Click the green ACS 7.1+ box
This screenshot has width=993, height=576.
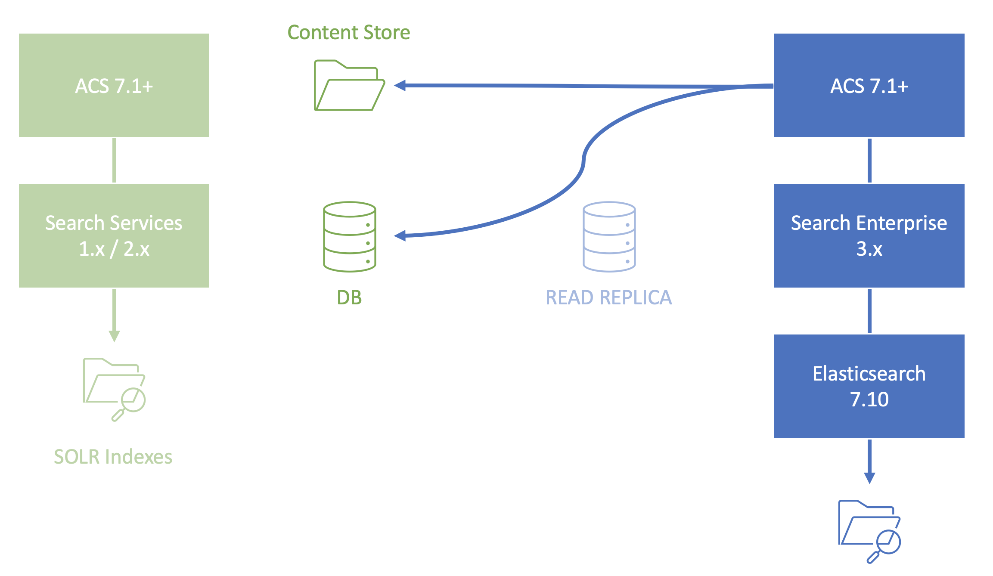(114, 85)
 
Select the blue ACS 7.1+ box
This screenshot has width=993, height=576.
(869, 85)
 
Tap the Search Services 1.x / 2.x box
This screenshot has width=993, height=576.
(114, 236)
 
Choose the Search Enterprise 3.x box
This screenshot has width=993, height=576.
(869, 236)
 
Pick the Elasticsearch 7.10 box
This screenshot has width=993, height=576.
(869, 386)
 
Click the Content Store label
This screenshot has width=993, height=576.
(349, 33)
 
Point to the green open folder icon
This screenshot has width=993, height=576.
(349, 86)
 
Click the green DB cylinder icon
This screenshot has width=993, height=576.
(349, 237)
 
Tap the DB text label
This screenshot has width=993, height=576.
(349, 297)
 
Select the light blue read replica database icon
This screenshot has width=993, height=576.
(609, 237)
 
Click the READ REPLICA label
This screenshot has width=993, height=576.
(608, 297)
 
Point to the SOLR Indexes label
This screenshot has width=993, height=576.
(113, 457)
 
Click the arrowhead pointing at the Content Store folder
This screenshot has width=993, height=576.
(400, 86)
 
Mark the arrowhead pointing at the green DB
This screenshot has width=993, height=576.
(400, 235)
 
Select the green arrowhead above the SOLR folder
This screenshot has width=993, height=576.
(114, 336)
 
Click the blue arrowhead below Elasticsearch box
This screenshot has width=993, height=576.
(869, 477)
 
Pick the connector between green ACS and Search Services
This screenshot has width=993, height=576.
(114, 160)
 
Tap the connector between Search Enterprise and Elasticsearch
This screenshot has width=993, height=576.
(869, 311)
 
